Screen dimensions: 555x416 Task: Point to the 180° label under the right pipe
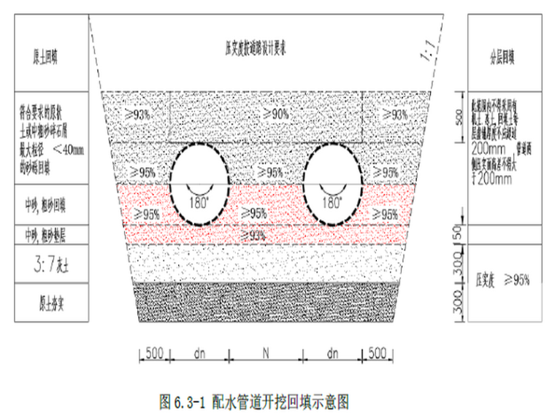[x=333, y=201]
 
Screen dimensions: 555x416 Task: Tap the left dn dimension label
[x=199, y=353]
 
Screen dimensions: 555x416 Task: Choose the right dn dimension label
[x=333, y=353]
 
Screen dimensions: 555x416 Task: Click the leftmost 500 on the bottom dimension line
[x=153, y=353]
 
